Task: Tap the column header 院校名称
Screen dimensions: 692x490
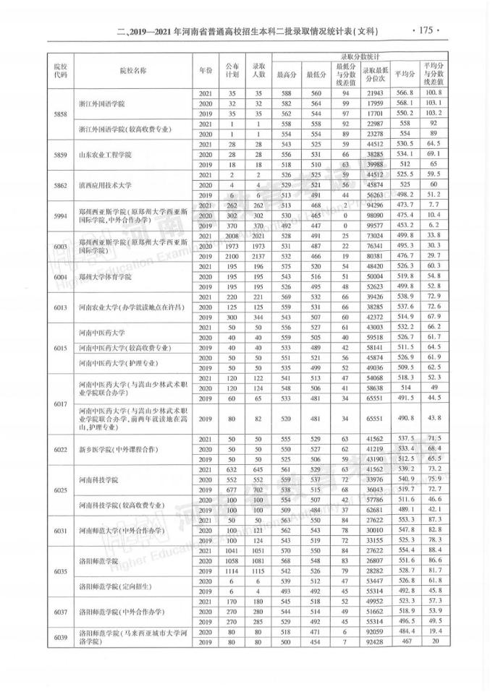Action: (x=132, y=71)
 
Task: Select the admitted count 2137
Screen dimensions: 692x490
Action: (x=255, y=256)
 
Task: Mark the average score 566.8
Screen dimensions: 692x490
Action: (x=405, y=94)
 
